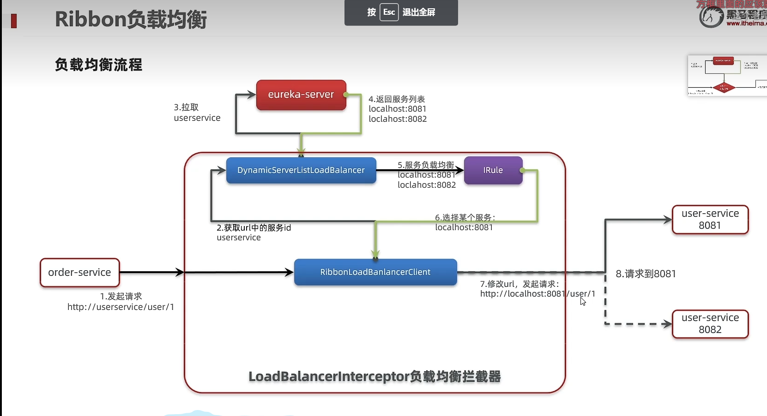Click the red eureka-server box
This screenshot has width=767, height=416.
click(x=301, y=95)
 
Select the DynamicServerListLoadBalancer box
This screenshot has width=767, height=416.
click(x=301, y=170)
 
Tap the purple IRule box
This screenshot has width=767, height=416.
click(x=493, y=170)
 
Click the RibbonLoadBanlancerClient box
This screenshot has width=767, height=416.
click(x=375, y=272)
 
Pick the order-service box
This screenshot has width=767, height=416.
click(x=80, y=273)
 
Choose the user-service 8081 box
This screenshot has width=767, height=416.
click(x=710, y=220)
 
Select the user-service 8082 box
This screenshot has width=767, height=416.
click(x=710, y=324)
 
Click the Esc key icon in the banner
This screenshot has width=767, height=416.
click(x=389, y=12)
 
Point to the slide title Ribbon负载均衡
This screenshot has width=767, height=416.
click(x=131, y=20)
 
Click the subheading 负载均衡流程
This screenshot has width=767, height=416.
click(x=98, y=65)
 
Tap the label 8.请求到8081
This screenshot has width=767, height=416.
click(x=646, y=274)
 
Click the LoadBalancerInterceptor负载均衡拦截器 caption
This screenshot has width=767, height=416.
click(x=374, y=377)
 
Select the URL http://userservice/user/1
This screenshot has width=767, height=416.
click(x=121, y=307)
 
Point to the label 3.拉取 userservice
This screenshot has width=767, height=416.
click(x=197, y=113)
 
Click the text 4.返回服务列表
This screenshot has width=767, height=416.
click(x=397, y=99)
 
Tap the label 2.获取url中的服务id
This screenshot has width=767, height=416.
click(x=254, y=228)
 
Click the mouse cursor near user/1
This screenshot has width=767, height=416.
click(x=583, y=301)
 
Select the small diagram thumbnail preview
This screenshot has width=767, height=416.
click(x=727, y=75)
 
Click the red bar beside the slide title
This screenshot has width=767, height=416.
click(x=14, y=21)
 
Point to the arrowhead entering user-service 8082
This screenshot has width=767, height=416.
click(x=667, y=324)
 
